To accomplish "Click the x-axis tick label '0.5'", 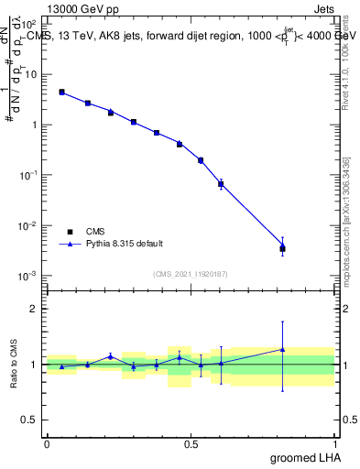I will pyautogui.click(x=191, y=443).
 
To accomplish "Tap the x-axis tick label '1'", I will pyautogui.click(x=334, y=443).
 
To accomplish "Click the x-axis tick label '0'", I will pyautogui.click(x=47, y=443).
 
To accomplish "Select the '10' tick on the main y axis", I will pyautogui.click(x=31, y=73).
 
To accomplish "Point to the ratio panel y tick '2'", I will pyautogui.click(x=35, y=309).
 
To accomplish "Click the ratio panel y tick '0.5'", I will pyautogui.click(x=30, y=420).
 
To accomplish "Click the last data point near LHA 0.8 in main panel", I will pyautogui.click(x=282, y=247).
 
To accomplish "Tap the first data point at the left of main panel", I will pyautogui.click(x=61, y=92).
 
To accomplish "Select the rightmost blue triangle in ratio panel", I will pyautogui.click(x=282, y=349).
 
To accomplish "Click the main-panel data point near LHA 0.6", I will pyautogui.click(x=221, y=184).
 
